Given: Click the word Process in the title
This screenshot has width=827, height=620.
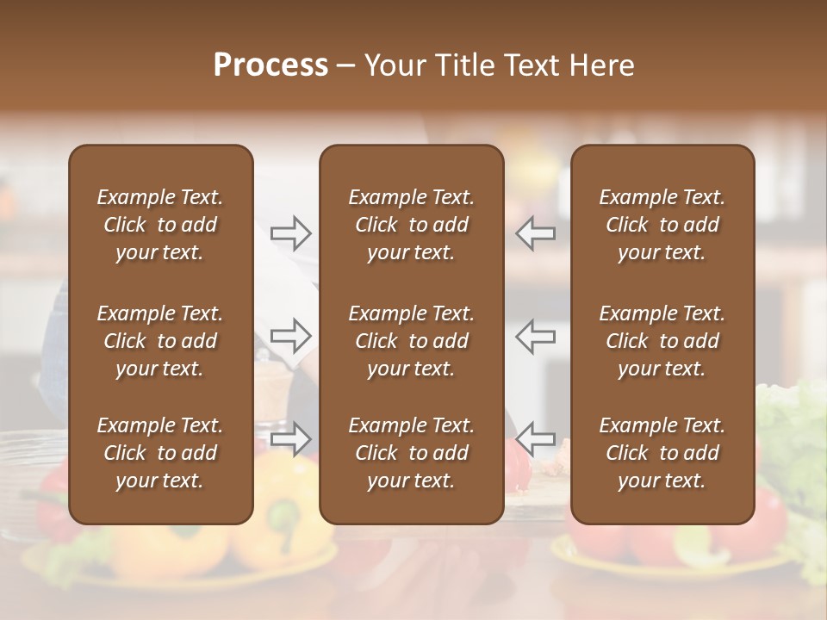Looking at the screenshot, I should tap(270, 65).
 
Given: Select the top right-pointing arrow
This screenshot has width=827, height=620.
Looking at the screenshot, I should tap(291, 232).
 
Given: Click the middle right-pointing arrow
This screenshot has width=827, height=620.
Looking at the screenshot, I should tap(291, 335).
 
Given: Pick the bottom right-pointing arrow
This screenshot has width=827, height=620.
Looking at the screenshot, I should tap(291, 438).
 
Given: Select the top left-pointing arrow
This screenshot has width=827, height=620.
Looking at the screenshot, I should tap(535, 232).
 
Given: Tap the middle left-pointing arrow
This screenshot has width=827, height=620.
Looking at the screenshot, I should tap(535, 335).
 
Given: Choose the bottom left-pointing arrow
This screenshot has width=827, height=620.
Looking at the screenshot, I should tap(535, 438).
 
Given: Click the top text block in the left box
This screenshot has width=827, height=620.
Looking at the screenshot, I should tap(160, 225).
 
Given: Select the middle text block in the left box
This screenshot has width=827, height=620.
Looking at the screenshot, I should tap(160, 341).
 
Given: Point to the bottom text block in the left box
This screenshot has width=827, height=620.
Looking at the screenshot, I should tap(160, 453).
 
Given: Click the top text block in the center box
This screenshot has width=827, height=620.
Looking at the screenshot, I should tap(412, 225).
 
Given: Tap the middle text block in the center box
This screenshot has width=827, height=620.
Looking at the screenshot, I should tap(412, 341).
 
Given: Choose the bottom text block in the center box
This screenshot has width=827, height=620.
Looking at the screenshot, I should tap(412, 453).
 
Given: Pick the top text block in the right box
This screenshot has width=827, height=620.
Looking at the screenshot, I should tap(662, 225).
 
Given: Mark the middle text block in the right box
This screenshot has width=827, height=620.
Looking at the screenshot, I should tap(662, 341).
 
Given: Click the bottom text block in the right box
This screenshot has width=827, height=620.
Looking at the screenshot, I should tap(662, 453).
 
